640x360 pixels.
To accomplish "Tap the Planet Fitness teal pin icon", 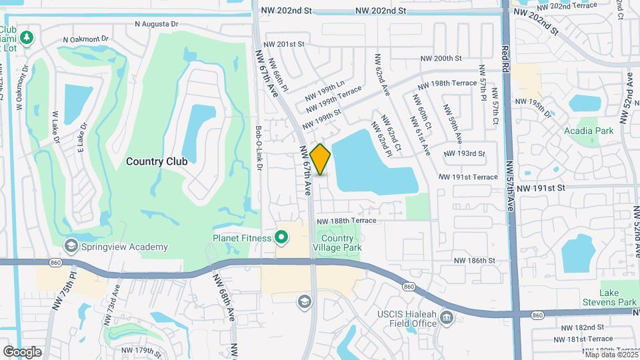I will (x=282, y=237).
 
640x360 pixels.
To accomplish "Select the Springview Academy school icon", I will (x=71, y=247).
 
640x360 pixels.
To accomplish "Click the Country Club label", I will (x=157, y=161).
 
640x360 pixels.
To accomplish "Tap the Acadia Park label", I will (x=589, y=131).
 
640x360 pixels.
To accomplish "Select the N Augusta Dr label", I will (x=157, y=23).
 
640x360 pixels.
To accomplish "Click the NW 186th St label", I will (x=474, y=261).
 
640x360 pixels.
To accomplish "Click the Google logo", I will (x=22, y=351).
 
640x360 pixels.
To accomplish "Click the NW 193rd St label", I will (x=463, y=153).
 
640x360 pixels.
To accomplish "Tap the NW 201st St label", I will (x=281, y=44).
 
